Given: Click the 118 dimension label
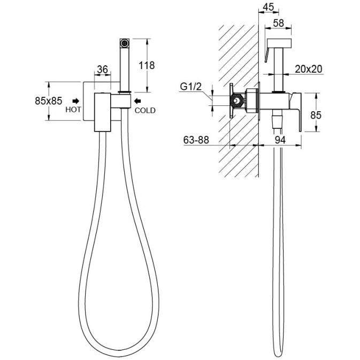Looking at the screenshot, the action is coord(147,66).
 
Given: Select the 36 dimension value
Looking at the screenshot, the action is coord(102,69).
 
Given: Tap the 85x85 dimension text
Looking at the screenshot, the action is coord(49,101).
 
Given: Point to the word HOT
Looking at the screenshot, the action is coord(73,110).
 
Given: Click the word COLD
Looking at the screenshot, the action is coord(145,110).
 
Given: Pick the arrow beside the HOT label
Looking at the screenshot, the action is coord(76,101).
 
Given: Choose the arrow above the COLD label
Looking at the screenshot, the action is coord(138,101).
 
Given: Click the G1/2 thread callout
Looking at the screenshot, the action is coord(190,87).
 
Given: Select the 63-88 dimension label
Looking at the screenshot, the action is coord(196,140).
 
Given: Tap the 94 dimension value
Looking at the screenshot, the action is coord(280,140).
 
